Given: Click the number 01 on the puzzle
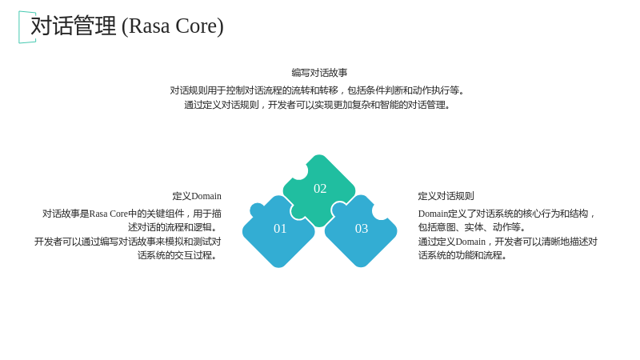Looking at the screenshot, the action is (x=280, y=229).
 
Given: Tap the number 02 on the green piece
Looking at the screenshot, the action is (x=320, y=189).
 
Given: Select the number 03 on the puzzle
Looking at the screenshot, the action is (x=362, y=229).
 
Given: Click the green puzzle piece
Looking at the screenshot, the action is (x=318, y=190).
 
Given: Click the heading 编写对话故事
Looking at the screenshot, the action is (x=319, y=73).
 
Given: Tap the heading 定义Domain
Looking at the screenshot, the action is (x=197, y=196).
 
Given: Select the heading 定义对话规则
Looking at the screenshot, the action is (x=446, y=196).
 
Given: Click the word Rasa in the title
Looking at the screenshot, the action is (x=150, y=26).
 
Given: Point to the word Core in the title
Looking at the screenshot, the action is (x=198, y=26).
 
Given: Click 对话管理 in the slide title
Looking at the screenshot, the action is (x=74, y=26).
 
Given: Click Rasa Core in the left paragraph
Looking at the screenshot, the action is (x=109, y=214).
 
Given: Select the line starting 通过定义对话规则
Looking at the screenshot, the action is (x=317, y=105).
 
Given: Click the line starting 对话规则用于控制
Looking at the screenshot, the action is (x=317, y=90).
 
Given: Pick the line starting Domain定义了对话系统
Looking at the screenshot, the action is (x=507, y=214).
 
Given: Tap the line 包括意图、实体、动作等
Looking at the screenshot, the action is (x=472, y=227).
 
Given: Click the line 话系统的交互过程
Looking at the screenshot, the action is (x=178, y=255).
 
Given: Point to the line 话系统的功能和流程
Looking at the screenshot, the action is (x=462, y=255).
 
